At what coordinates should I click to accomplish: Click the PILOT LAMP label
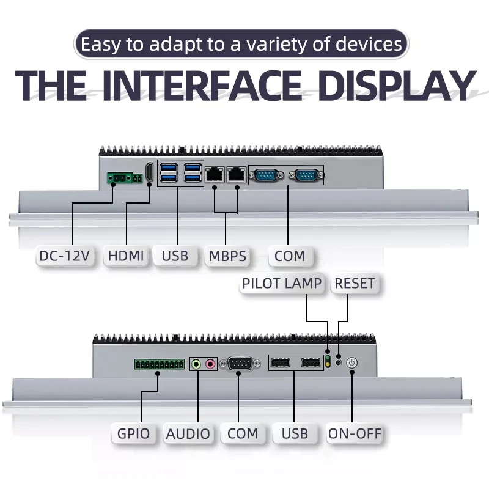coord(282,284)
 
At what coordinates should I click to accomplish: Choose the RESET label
coord(355,284)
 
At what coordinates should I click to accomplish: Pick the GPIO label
coord(133,433)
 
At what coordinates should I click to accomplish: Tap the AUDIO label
coord(188,433)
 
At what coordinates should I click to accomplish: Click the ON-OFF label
coord(355,433)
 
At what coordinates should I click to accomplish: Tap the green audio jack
coord(196,364)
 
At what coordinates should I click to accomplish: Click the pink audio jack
coord(210,364)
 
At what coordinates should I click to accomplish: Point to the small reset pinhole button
coord(339,363)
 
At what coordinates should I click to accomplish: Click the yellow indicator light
coord(328,365)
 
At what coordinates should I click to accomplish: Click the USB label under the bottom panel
coord(295,433)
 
